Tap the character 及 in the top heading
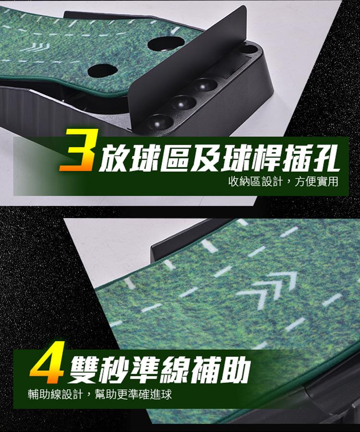tap(206, 159)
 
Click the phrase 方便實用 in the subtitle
tap(316, 182)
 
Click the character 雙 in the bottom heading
tap(84, 370)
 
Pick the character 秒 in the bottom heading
tap(115, 370)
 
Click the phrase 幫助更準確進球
tap(133, 394)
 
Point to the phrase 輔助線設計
tap(55, 394)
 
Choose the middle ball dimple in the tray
tap(182, 103)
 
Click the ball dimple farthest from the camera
tap(204, 86)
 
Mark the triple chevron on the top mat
tap(35, 47)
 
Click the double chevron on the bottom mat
tap(266, 289)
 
